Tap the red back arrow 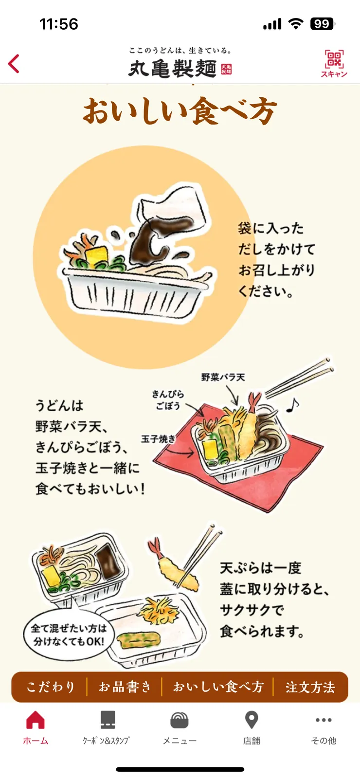tap(14, 64)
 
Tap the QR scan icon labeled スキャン tap(334, 63)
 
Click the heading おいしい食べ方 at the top tap(180, 111)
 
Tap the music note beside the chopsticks tap(292, 405)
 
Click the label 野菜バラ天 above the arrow tap(223, 377)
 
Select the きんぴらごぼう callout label tap(168, 399)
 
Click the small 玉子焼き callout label tap(158, 439)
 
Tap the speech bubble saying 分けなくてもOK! tap(68, 634)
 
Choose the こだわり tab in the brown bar tap(51, 687)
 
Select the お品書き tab tap(125, 687)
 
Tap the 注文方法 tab tap(310, 687)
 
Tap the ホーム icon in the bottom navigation tap(36, 721)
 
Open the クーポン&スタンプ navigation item tap(107, 721)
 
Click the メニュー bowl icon tap(180, 721)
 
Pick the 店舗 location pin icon tap(252, 720)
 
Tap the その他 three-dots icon tap(324, 720)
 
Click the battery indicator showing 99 tap(322, 24)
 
